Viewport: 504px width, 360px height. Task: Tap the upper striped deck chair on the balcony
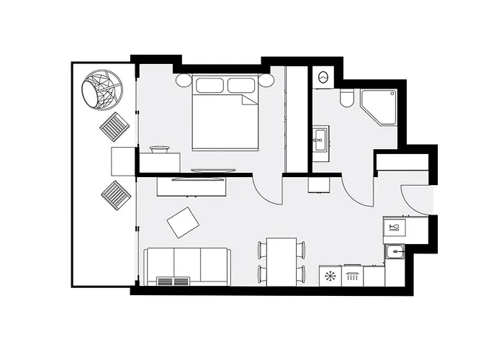click(114, 127)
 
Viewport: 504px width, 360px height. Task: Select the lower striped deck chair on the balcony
click(115, 195)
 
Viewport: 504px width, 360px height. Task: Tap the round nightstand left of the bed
click(183, 80)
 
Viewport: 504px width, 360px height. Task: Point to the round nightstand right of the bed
click(267, 80)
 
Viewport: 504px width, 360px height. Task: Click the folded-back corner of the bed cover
click(250, 99)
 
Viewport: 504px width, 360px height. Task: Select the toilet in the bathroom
click(347, 99)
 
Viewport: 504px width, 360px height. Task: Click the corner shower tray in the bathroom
click(379, 107)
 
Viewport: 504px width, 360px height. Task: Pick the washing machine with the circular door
click(322, 76)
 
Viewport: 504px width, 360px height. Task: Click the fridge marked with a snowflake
click(330, 275)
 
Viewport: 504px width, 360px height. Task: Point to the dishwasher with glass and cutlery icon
click(394, 228)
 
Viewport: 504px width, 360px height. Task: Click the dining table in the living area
click(282, 261)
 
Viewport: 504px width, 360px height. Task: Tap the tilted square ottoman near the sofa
click(183, 222)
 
